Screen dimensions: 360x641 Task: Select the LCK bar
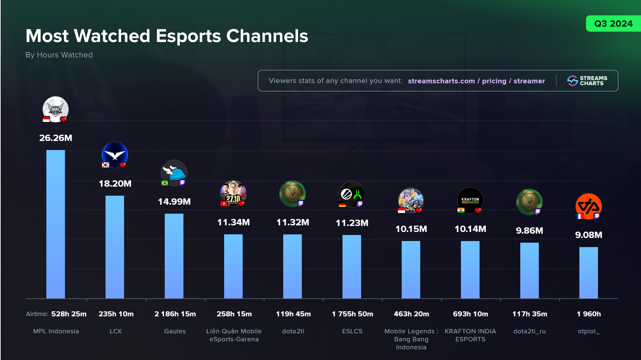(x=115, y=247)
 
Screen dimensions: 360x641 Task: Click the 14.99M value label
(x=174, y=202)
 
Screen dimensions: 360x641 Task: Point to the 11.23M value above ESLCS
(x=352, y=223)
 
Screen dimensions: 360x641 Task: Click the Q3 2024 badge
(x=613, y=24)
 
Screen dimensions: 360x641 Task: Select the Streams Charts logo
(x=587, y=81)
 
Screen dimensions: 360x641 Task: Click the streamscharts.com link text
(x=441, y=81)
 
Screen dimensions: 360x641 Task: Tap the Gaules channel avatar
(x=174, y=173)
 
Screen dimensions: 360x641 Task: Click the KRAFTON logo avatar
(x=470, y=200)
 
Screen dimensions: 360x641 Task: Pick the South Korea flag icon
(x=105, y=165)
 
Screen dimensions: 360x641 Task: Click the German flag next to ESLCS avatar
(x=342, y=204)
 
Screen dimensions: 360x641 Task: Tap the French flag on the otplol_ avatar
(x=579, y=216)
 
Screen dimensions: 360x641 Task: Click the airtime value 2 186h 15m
(x=175, y=314)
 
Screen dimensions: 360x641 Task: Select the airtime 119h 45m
(x=293, y=314)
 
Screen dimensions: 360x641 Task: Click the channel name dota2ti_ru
(x=529, y=331)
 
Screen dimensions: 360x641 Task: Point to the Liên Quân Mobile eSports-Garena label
(x=234, y=335)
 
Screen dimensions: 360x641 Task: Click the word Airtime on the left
(x=37, y=314)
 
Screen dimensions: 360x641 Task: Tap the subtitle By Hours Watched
(x=59, y=55)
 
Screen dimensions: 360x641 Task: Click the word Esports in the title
(x=188, y=36)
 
